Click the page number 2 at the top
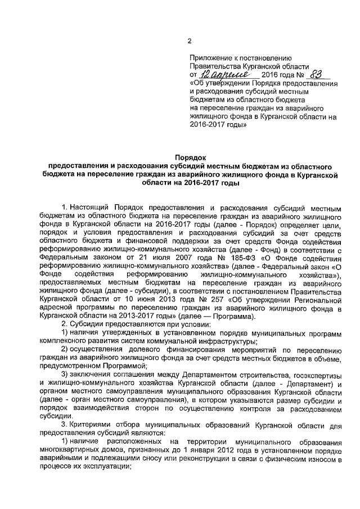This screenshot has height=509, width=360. (x=190, y=41)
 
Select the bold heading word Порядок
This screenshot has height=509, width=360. (x=190, y=159)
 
